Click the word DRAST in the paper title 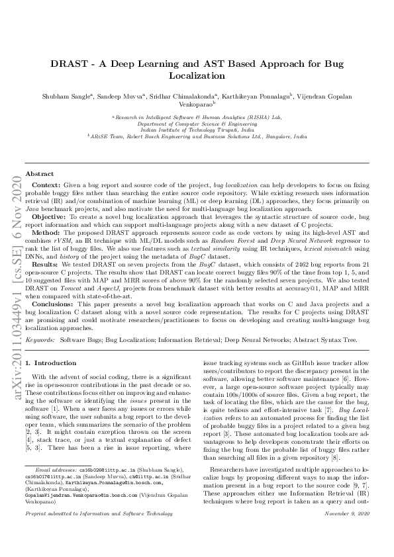pos(68,64)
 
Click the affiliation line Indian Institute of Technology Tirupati pos(196,130)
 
